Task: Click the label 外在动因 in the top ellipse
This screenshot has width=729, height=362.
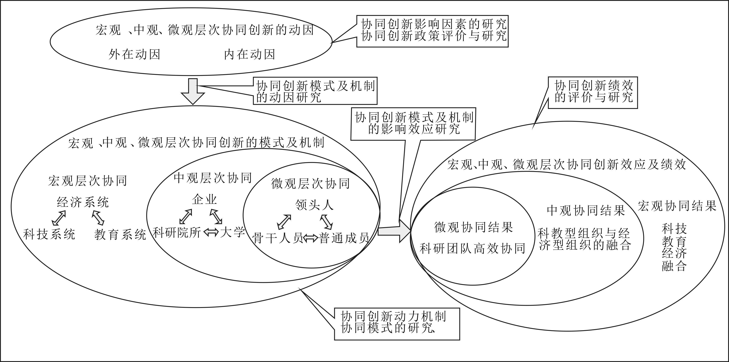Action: [x=134, y=54]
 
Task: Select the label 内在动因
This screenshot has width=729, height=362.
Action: [x=250, y=54]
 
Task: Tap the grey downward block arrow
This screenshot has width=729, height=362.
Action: [x=193, y=91]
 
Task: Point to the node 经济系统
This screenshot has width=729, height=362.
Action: [x=83, y=202]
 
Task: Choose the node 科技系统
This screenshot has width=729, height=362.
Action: [x=49, y=234]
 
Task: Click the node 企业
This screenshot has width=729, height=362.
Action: [x=204, y=199]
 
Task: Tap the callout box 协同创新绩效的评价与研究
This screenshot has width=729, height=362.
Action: [x=593, y=92]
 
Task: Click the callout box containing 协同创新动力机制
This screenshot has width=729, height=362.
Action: [x=397, y=324]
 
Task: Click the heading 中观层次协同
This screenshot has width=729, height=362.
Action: [x=213, y=178]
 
